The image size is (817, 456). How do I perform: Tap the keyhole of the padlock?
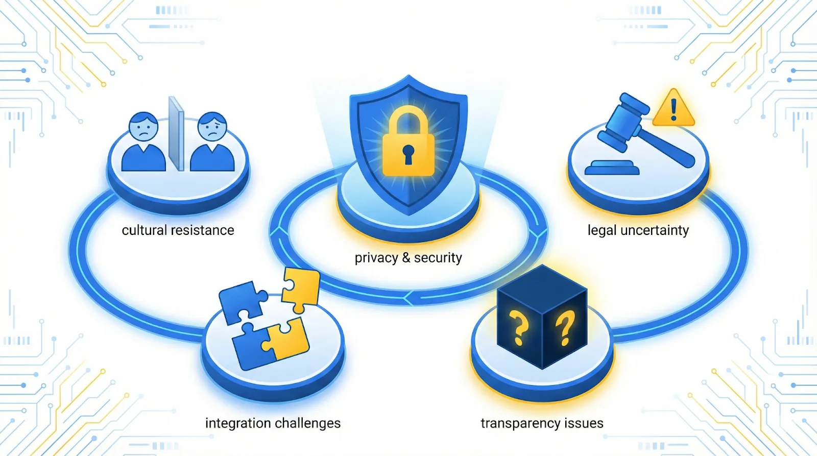pos(408,153)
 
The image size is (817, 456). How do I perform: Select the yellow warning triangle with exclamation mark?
pos(674,109)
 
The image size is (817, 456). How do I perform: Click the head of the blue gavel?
pos(623,123)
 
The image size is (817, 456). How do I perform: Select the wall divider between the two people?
pos(177,134)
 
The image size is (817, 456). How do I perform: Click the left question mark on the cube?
pos(519,329)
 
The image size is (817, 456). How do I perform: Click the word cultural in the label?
pos(144,230)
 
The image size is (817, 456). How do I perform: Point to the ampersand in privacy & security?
pos(406,257)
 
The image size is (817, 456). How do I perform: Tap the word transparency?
pos(520,423)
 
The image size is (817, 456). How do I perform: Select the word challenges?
pos(308,423)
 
